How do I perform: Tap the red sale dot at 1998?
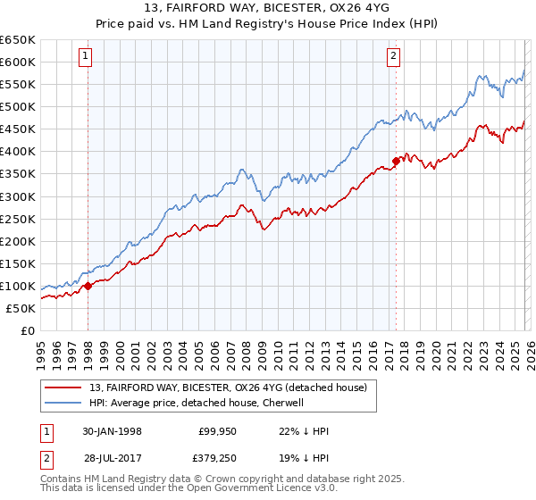click(x=88, y=287)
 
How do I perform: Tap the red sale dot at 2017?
click(x=396, y=162)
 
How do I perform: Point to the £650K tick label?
click(x=17, y=40)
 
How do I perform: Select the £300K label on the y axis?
click(x=17, y=196)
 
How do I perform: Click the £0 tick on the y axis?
click(x=29, y=330)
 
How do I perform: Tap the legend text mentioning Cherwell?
click(x=197, y=403)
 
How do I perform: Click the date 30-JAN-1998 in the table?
click(x=112, y=430)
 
